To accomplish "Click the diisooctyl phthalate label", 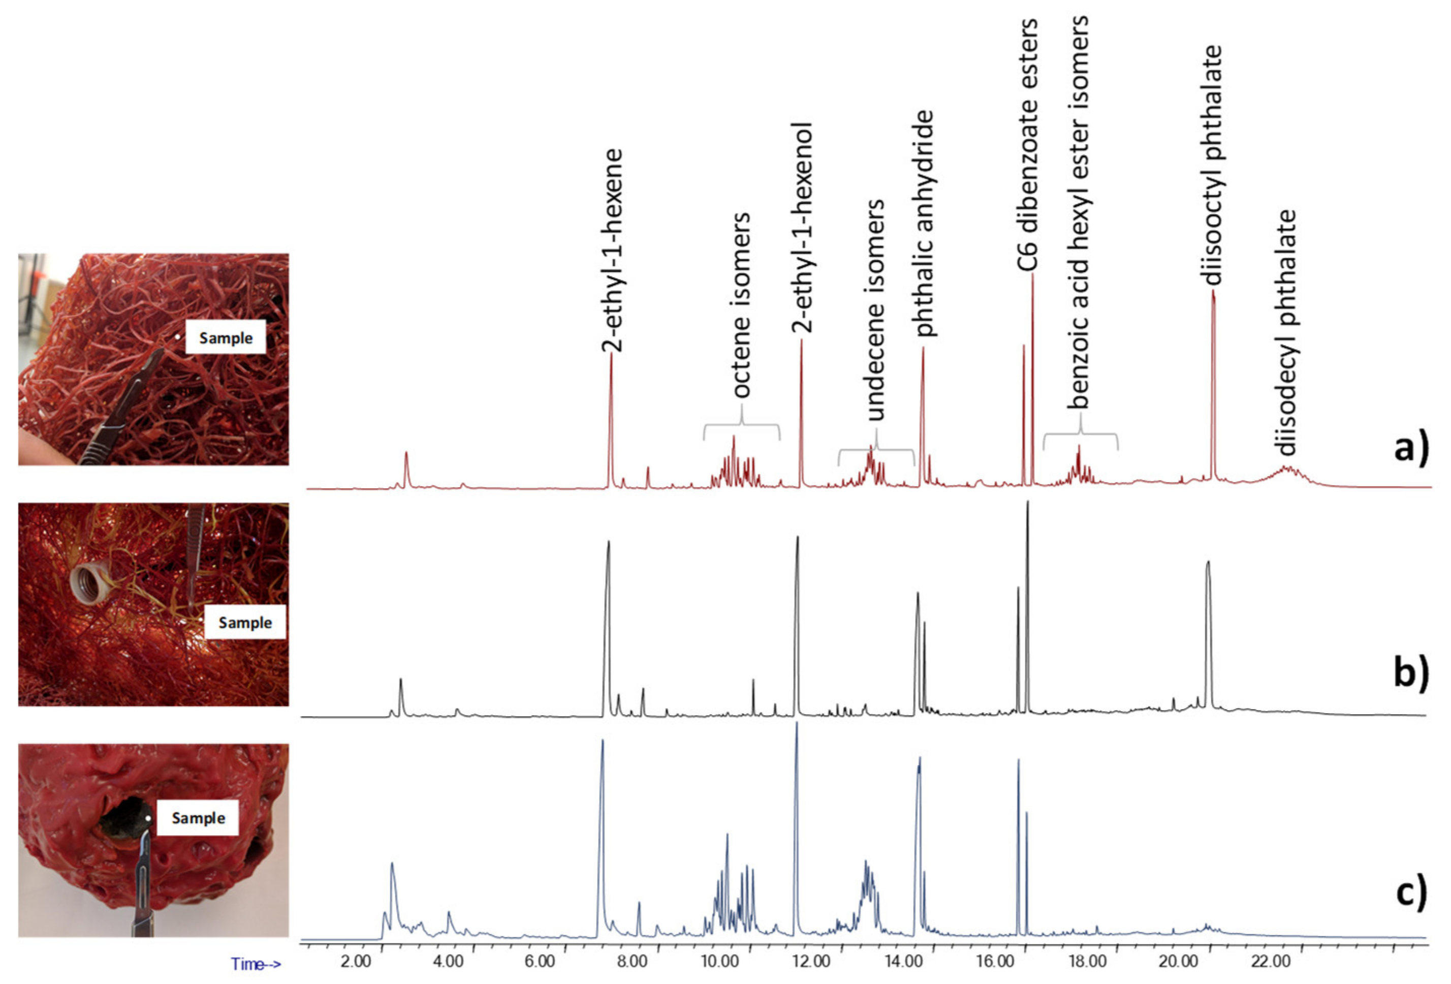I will click(x=1212, y=165).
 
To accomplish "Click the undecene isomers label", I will click(x=875, y=310).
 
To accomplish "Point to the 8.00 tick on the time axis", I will click(x=632, y=962).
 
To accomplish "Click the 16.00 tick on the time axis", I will click(x=996, y=962).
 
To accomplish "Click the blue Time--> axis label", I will click(x=256, y=964).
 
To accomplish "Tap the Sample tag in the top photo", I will click(x=226, y=338).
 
